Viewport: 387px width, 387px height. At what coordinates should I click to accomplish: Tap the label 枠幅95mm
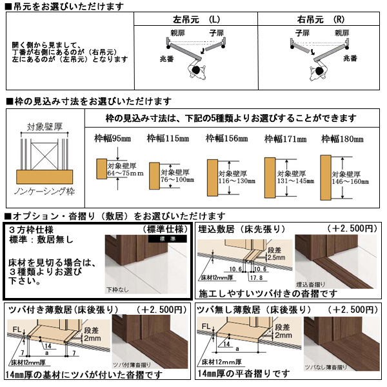(108, 138)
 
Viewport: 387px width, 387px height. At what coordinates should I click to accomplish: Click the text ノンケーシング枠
(43, 192)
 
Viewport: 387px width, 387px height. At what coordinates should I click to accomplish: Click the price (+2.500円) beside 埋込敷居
(351, 228)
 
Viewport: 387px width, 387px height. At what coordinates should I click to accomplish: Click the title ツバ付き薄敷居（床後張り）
(58, 310)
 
